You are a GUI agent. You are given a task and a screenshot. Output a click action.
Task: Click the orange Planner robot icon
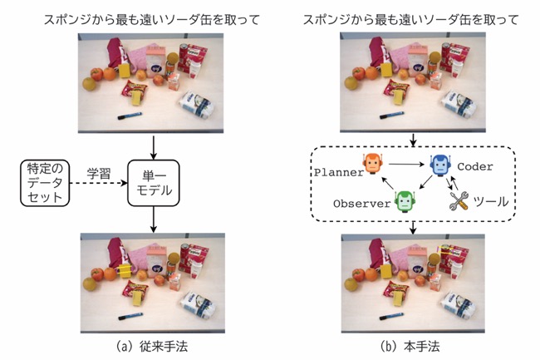[x=373, y=163]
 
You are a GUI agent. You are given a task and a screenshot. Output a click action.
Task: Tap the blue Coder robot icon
[x=440, y=165]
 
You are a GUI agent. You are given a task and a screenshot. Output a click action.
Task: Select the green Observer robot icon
[x=405, y=201]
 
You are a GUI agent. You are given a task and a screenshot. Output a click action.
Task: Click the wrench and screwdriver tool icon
[x=459, y=201]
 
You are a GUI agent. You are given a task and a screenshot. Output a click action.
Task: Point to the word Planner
[x=338, y=172]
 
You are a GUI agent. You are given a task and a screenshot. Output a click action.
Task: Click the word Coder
[x=475, y=167]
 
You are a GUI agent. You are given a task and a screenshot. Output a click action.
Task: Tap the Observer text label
[x=362, y=204]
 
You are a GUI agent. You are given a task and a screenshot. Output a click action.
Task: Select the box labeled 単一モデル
[x=154, y=183]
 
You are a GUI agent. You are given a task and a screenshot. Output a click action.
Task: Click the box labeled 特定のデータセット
[x=45, y=183]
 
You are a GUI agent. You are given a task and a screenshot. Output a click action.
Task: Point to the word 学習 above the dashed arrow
[x=99, y=174]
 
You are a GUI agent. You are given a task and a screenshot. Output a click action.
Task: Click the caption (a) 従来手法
[x=152, y=346]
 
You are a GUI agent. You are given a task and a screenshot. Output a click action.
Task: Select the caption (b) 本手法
[x=410, y=346]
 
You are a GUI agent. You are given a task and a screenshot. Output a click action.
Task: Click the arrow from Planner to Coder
[x=406, y=165]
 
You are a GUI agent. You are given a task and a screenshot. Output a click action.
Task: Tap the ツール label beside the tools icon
[x=491, y=201]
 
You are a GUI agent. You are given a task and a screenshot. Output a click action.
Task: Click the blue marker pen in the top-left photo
[x=130, y=116]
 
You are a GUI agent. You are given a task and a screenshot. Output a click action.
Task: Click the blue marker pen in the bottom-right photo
[x=392, y=316]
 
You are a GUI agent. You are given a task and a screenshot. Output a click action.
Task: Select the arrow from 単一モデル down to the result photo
[x=154, y=219]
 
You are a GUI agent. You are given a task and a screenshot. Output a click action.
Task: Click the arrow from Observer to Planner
[x=388, y=184]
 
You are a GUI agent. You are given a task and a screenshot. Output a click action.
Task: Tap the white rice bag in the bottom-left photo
[x=198, y=305]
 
